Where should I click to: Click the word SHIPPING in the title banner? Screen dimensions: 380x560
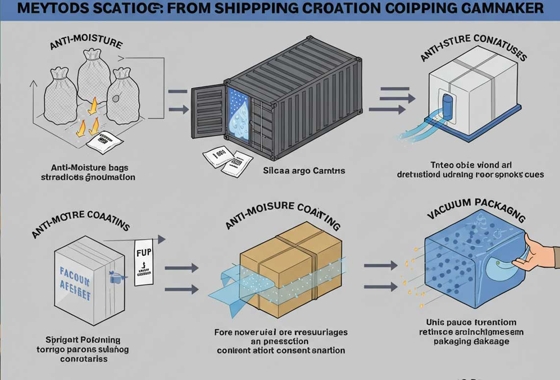215,8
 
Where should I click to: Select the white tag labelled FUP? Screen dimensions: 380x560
143,263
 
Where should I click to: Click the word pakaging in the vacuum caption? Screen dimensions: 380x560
449,342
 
